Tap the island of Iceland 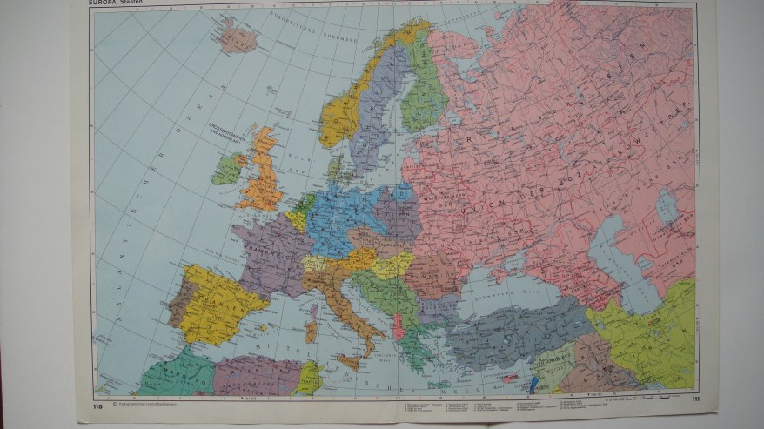[236, 37]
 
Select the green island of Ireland [226, 168]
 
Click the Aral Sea [667, 206]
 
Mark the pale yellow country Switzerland [316, 262]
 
